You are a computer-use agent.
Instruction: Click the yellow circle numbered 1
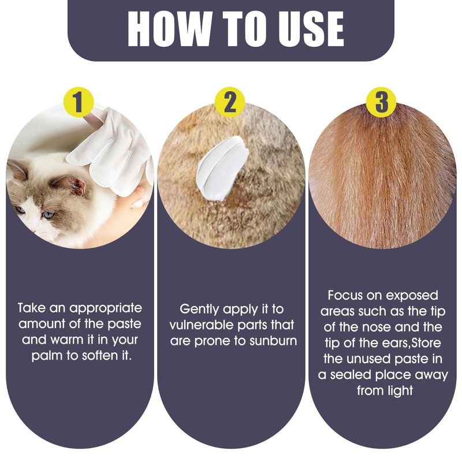(x=79, y=102)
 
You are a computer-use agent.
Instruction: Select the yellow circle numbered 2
(x=230, y=102)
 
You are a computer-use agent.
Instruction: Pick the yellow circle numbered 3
(x=381, y=102)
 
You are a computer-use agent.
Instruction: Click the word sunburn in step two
(x=273, y=341)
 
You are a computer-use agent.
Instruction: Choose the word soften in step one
(x=100, y=356)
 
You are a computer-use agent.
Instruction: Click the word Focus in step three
(x=345, y=295)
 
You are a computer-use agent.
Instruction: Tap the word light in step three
(x=399, y=391)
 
